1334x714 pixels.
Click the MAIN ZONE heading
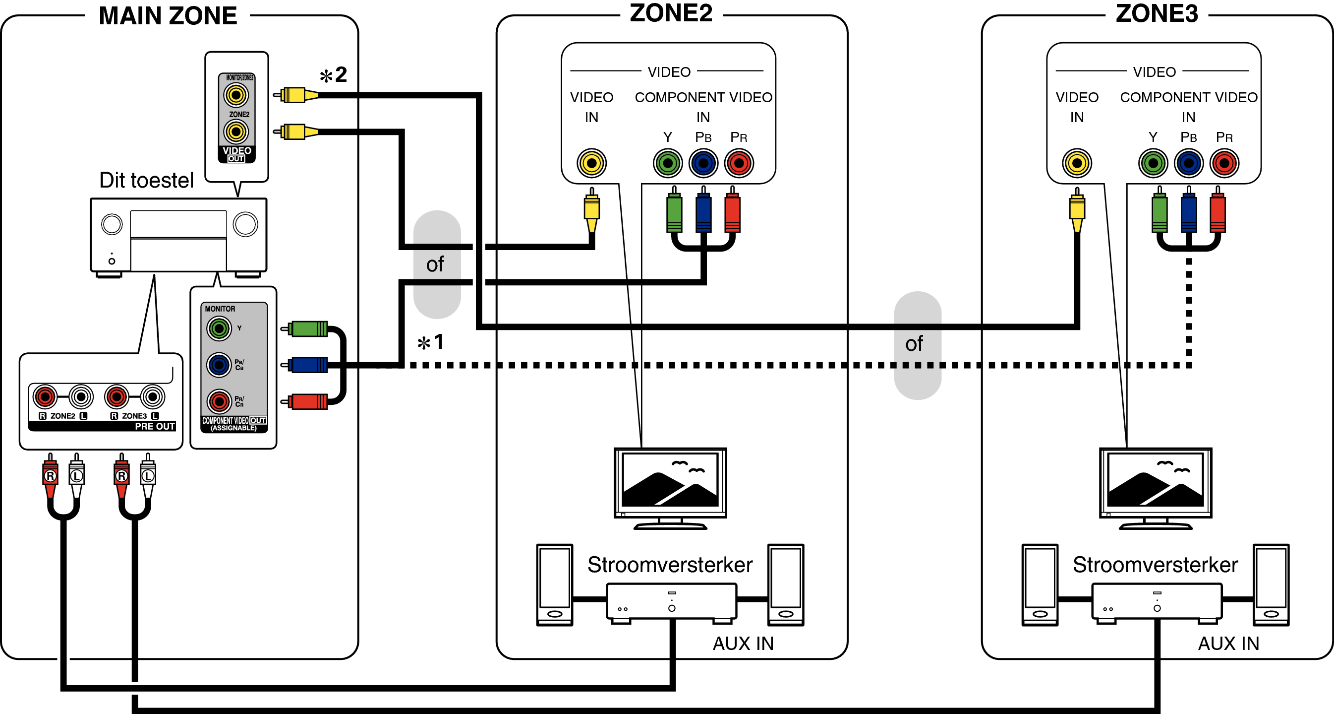(168, 15)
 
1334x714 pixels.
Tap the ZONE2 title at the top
(671, 13)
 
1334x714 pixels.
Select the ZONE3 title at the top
(1157, 13)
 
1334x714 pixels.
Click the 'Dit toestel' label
(146, 180)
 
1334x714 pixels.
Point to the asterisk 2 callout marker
(334, 75)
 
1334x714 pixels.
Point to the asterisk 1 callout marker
(431, 342)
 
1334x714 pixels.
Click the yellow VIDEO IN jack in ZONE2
(591, 163)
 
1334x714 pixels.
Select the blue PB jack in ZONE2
(703, 163)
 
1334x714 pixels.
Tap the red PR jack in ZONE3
(1224, 163)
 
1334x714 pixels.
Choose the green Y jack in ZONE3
(1153, 163)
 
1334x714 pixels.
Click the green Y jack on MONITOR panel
(219, 328)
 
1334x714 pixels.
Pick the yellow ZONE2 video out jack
(235, 131)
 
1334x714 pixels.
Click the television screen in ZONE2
(670, 480)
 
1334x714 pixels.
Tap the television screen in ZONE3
(1156, 480)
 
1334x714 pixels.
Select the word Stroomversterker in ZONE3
(1155, 565)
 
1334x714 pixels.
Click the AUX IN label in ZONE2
(743, 644)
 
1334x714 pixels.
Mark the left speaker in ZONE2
(555, 584)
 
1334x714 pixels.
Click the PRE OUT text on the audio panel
(155, 426)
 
